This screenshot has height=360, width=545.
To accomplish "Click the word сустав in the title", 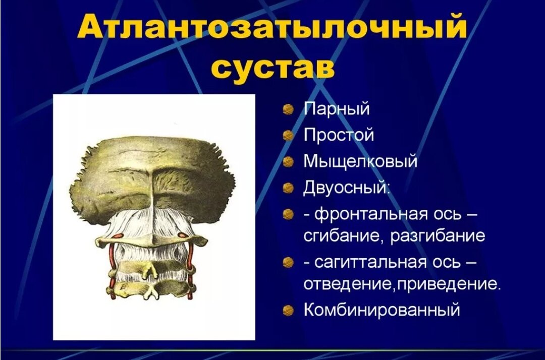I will pos(272,67).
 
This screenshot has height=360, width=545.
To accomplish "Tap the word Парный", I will pos(337,109).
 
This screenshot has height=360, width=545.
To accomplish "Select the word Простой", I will pos(339,135).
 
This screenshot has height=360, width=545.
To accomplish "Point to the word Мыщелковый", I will pos(360,162).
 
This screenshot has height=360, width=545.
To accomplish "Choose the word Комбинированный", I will pos(381,309).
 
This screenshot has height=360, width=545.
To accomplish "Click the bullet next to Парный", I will pos(288,109).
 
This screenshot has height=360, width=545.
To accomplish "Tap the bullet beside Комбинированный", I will pos(288,310).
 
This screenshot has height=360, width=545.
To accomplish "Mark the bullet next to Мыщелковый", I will pos(288,162).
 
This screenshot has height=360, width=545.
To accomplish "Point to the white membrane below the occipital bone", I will pos(151,222).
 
